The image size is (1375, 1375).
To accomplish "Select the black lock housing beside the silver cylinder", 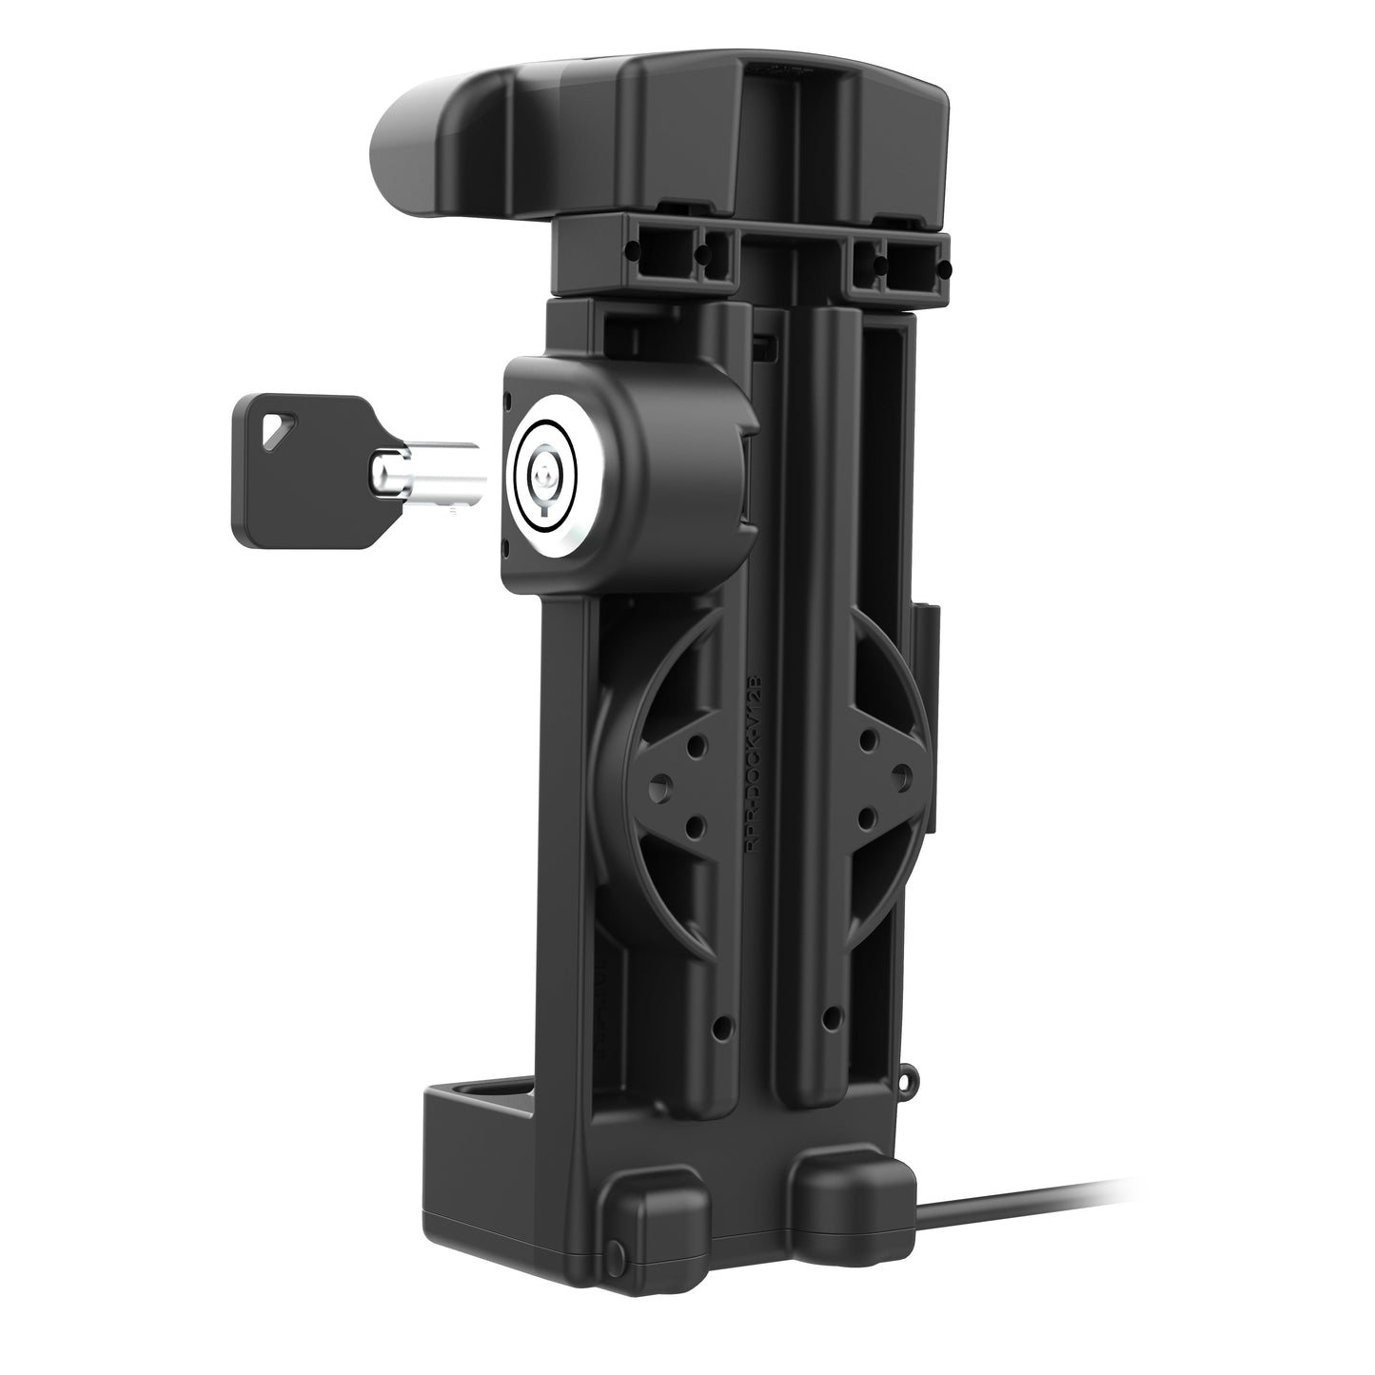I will point(657,447).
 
